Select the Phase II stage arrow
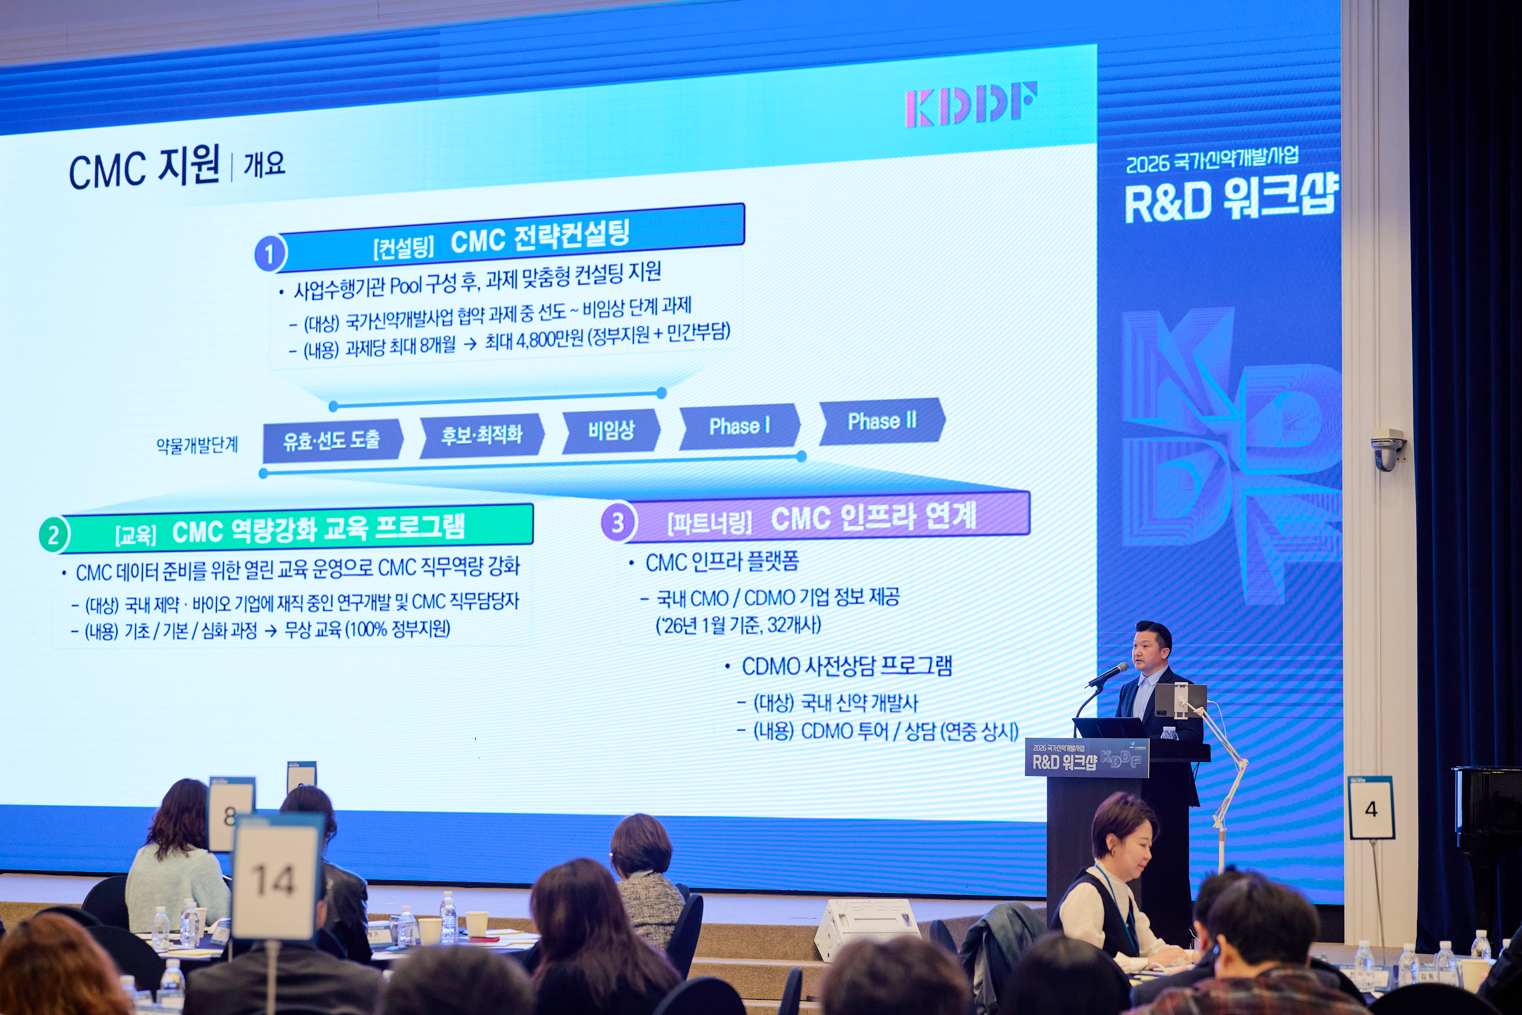point(882,421)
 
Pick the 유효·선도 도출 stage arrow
point(333,440)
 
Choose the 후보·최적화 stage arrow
point(482,435)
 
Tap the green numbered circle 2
point(54,535)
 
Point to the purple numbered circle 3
point(618,522)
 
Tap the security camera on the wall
point(1387,449)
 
